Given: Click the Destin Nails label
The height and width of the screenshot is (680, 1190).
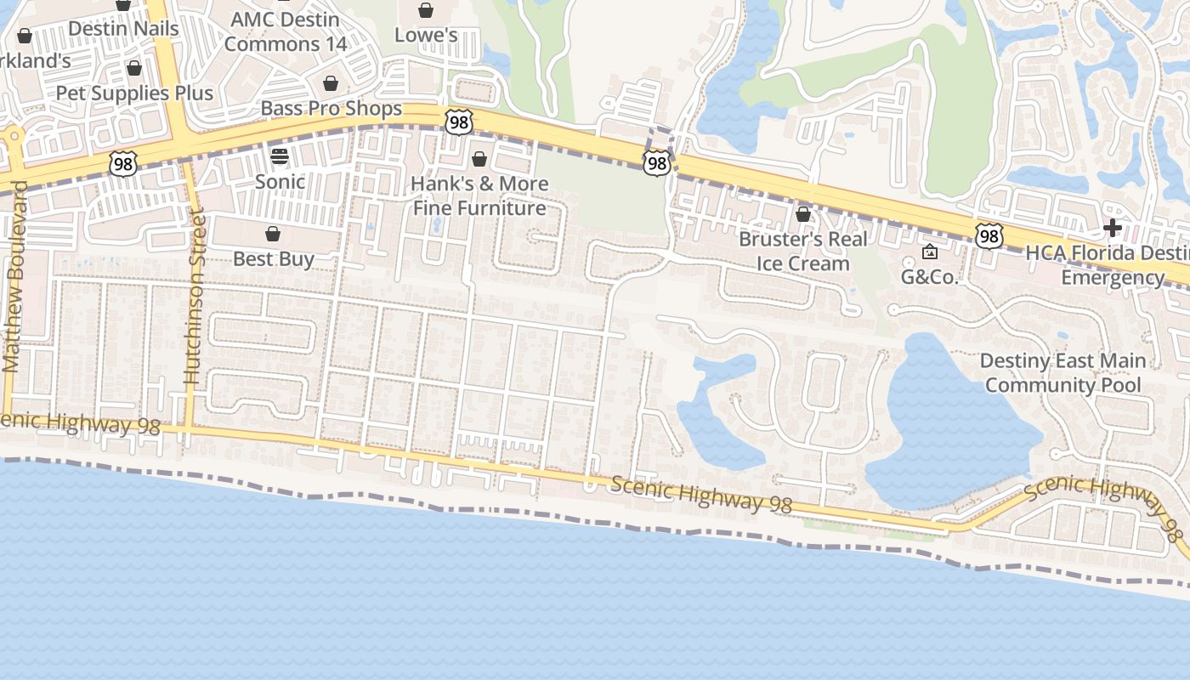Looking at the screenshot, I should (x=123, y=28).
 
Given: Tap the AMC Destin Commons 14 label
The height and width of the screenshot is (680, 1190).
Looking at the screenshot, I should (x=286, y=31).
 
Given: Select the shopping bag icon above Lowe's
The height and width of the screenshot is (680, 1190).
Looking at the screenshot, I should (x=425, y=10).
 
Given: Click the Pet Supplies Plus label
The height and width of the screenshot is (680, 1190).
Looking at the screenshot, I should (x=134, y=93).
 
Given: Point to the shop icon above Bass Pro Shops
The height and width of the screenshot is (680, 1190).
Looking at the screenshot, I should (x=330, y=83).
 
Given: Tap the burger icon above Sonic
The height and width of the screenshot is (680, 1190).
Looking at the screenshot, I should (x=279, y=156).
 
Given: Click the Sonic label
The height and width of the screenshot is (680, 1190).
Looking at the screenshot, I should (x=280, y=181).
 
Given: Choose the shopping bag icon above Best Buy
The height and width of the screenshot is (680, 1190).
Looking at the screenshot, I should (x=273, y=234).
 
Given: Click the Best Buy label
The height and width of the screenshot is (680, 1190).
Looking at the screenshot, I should (x=273, y=258).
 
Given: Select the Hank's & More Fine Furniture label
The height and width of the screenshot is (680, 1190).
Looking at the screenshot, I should (x=479, y=195).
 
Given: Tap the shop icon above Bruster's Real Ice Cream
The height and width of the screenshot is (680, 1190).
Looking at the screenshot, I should (x=802, y=214).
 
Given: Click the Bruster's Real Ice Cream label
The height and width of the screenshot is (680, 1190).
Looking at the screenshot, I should (x=803, y=251).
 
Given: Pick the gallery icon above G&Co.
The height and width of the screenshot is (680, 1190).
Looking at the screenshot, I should (x=929, y=252).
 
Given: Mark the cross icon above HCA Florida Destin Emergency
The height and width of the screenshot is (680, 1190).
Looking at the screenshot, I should (x=1112, y=228).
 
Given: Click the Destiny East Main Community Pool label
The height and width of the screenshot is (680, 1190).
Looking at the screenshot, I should (x=1062, y=372).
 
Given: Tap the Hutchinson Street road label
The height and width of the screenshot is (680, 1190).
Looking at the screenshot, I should (x=195, y=298).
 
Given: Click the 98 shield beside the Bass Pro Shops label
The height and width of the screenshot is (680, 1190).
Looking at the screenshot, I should (x=458, y=122).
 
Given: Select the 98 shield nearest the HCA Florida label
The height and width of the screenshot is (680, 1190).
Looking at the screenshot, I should (x=988, y=235).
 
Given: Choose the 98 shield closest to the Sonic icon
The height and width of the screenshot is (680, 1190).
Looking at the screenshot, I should (x=123, y=164).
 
